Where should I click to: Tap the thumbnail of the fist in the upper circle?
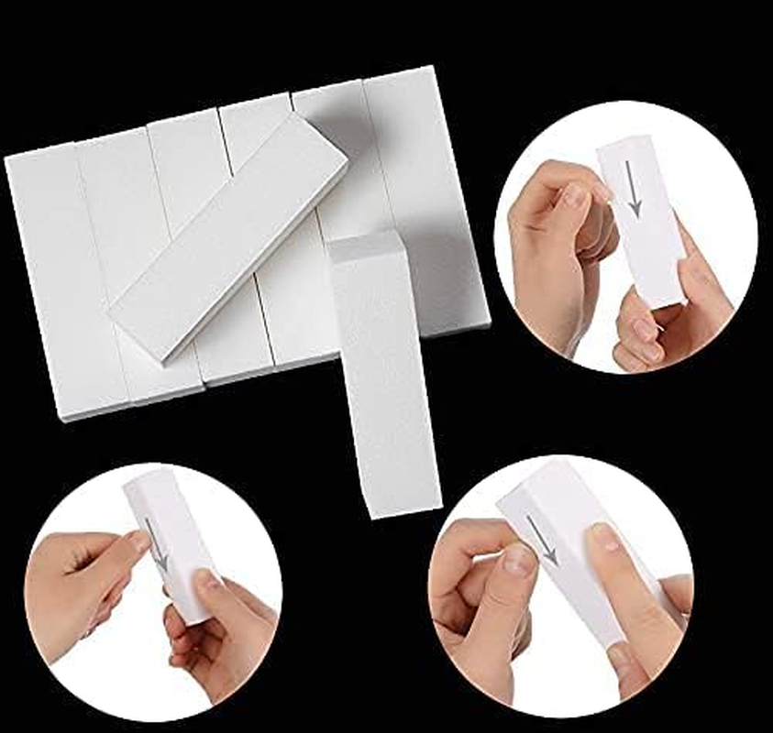coord(576,196)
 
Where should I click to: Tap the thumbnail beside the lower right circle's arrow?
coord(517,559)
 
